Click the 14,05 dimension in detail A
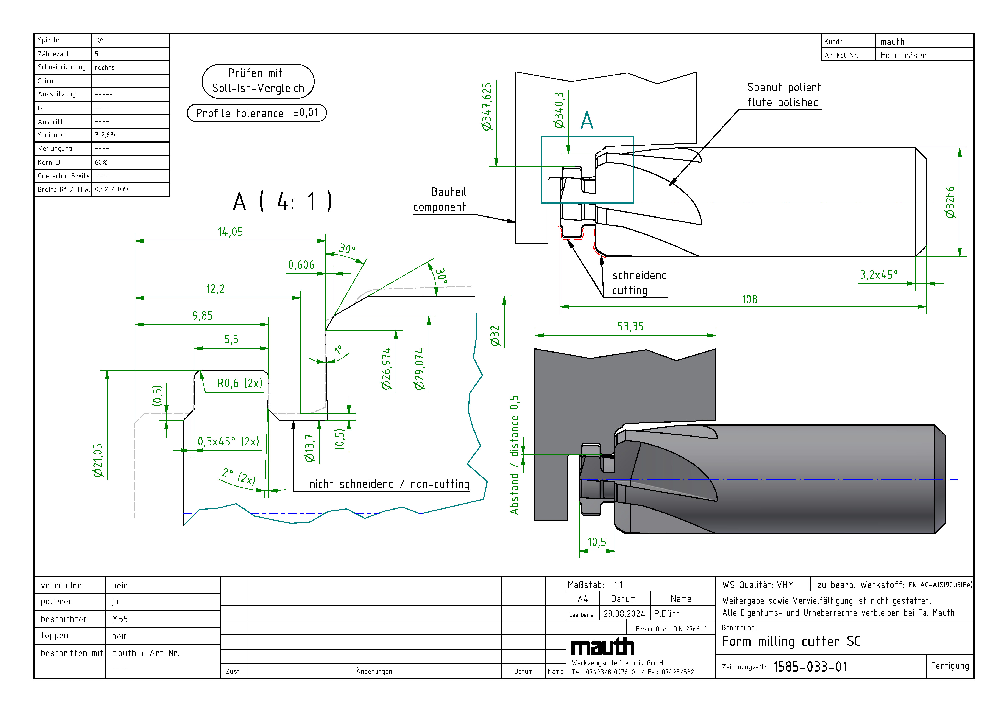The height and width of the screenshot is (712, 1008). pyautogui.click(x=230, y=232)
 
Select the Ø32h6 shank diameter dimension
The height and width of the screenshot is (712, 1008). pyautogui.click(x=950, y=202)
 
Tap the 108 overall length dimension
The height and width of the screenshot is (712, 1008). pyautogui.click(x=749, y=300)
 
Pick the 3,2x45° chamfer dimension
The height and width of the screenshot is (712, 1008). pyautogui.click(x=878, y=275)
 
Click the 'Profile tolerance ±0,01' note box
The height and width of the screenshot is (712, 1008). pyautogui.click(x=257, y=113)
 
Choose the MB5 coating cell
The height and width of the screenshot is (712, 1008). pyautogui.click(x=120, y=619)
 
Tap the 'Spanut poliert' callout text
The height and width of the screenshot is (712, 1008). pyautogui.click(x=784, y=87)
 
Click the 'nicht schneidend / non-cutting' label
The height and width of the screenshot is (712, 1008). pyautogui.click(x=389, y=484)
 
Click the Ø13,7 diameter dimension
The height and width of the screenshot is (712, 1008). pyautogui.click(x=310, y=448)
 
